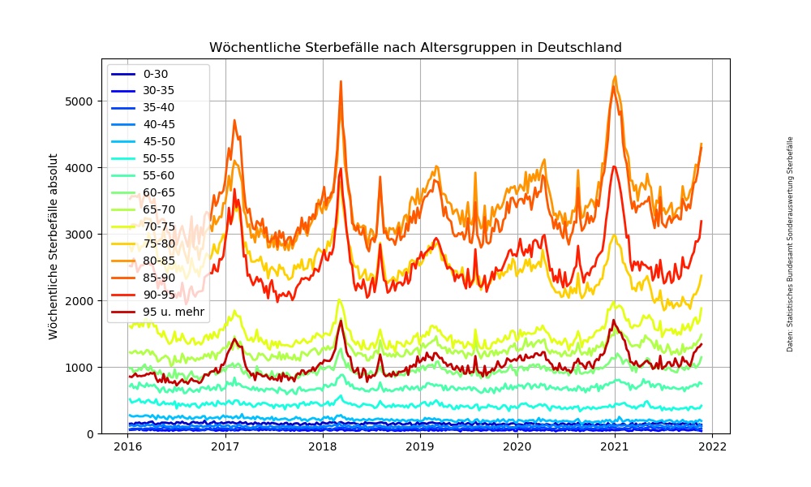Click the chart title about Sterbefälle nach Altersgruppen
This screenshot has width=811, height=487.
click(x=415, y=48)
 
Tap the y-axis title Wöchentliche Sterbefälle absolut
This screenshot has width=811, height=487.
click(x=53, y=246)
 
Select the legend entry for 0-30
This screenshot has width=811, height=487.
click(x=156, y=74)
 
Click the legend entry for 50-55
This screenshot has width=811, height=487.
click(x=159, y=158)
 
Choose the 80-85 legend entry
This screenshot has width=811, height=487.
click(x=159, y=261)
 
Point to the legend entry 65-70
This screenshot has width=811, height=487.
click(x=159, y=209)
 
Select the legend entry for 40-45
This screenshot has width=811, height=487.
click(x=159, y=124)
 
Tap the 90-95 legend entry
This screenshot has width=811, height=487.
click(x=159, y=295)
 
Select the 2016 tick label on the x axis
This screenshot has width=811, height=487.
click(x=127, y=446)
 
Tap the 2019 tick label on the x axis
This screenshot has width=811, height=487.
click(x=420, y=446)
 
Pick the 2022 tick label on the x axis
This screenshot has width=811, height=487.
click(x=713, y=446)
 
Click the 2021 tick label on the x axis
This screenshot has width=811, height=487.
click(x=615, y=446)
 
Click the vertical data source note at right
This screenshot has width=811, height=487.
click(x=790, y=243)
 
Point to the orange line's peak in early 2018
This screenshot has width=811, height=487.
click(x=341, y=81)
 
